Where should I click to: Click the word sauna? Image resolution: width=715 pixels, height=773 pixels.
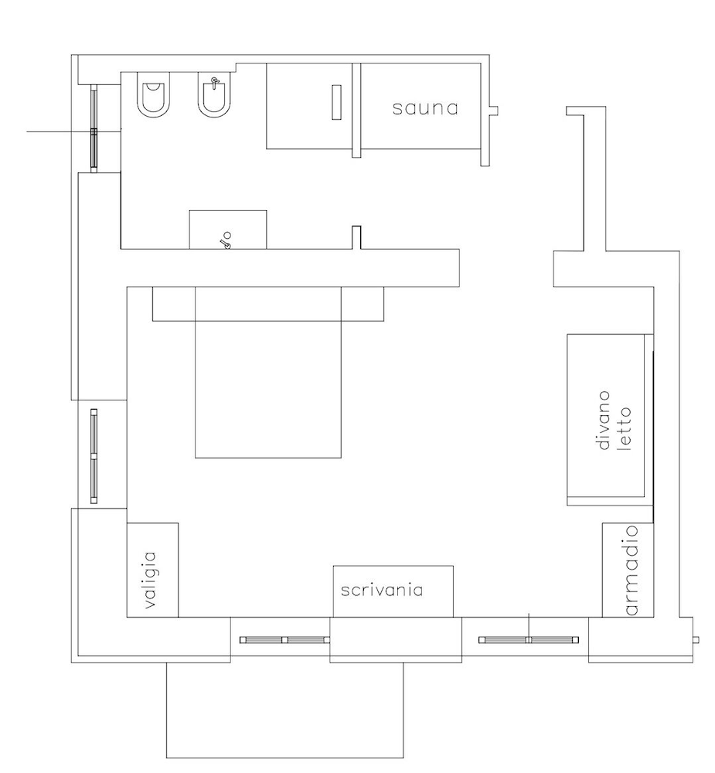pos(425,108)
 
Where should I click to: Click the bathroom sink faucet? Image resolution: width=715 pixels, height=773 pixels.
pos(226,240)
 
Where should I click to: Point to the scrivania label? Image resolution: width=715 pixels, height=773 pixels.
pos(382,590)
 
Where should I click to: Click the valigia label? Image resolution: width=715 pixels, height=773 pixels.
pos(151,580)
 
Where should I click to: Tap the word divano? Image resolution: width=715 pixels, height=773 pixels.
pos(604,421)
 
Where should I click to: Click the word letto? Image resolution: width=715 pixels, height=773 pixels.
pos(625,428)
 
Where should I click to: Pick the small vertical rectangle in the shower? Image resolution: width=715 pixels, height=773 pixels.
pos(336,102)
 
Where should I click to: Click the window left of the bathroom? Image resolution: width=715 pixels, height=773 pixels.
pos(94,128)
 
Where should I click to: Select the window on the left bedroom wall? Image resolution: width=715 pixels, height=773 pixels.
pos(94,456)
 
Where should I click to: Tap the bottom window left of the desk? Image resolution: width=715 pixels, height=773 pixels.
pos(284,640)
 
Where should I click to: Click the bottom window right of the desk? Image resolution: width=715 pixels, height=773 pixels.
pos(528,640)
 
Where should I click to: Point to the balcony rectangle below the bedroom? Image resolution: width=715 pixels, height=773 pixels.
pos(284,710)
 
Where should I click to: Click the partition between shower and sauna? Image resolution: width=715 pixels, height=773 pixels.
pos(356,111)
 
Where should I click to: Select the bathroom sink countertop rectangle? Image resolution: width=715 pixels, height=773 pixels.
pos(228,230)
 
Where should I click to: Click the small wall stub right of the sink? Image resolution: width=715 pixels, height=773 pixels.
pos(356,237)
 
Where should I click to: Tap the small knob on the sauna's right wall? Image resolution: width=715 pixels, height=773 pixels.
pos(494,111)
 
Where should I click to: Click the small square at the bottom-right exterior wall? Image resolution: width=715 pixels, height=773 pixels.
pos(696,640)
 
